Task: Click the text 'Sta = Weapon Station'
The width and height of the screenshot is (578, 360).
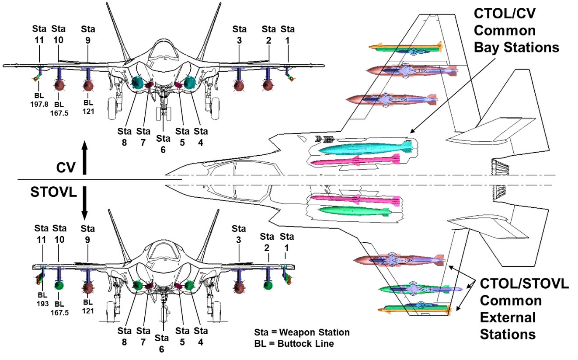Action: (x=302, y=332)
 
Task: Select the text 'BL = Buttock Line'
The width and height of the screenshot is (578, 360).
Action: (x=294, y=344)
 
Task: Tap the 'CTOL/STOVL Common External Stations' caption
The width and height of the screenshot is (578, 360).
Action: (x=524, y=309)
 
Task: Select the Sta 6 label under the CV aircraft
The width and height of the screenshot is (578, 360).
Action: (x=163, y=143)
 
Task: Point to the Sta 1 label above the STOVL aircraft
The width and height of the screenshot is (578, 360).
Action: (x=287, y=242)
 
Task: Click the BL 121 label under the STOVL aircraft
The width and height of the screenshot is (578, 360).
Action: (x=88, y=306)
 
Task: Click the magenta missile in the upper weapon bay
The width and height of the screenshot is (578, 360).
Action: (x=354, y=161)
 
